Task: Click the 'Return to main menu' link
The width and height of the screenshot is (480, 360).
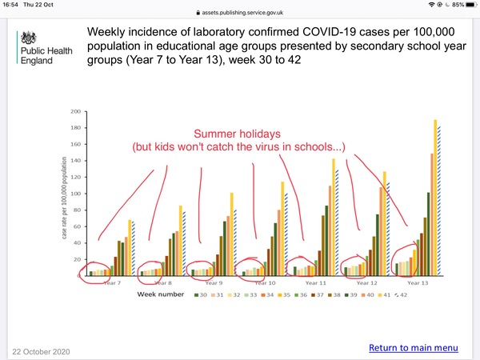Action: click(x=414, y=348)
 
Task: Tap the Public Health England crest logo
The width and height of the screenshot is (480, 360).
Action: click(x=29, y=38)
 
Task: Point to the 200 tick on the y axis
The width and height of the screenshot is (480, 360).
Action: click(x=76, y=111)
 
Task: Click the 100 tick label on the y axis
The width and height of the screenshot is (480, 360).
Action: click(x=76, y=194)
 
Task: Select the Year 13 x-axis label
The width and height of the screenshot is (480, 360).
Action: click(x=418, y=283)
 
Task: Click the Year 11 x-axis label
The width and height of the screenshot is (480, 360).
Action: click(x=316, y=283)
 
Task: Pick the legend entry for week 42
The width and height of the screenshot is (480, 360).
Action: click(x=401, y=294)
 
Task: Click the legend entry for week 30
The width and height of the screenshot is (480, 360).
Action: click(x=201, y=294)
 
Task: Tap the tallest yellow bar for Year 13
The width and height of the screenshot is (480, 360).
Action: click(x=435, y=198)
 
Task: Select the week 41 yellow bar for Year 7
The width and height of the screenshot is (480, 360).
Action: click(x=130, y=248)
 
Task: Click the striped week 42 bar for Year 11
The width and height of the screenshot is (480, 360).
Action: click(x=337, y=223)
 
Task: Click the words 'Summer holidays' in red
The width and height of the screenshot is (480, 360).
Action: click(x=237, y=134)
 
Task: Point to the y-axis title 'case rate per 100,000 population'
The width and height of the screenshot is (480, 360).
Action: click(x=64, y=198)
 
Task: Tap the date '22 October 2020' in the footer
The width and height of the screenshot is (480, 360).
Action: click(x=41, y=352)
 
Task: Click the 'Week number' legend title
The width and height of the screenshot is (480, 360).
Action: click(x=161, y=294)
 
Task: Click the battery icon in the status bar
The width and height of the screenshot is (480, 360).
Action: click(x=472, y=5)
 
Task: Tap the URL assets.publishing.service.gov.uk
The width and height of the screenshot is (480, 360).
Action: click(x=242, y=13)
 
